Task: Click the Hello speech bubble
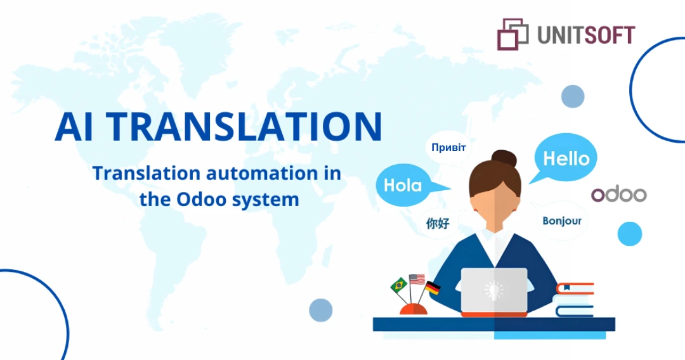[x=565, y=158]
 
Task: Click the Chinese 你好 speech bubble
[x=438, y=224]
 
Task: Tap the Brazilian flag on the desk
[x=398, y=285]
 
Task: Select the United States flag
[x=417, y=280]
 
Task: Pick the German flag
[x=433, y=288]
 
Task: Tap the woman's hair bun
[x=504, y=158]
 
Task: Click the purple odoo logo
[x=619, y=195]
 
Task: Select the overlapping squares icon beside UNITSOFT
[x=512, y=34]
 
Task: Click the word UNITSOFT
[x=586, y=35]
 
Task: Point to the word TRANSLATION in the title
[x=244, y=127]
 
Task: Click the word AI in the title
[x=74, y=127]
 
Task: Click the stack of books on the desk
[x=574, y=300]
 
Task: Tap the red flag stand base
[x=414, y=309]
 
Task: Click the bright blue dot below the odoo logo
[x=630, y=234]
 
